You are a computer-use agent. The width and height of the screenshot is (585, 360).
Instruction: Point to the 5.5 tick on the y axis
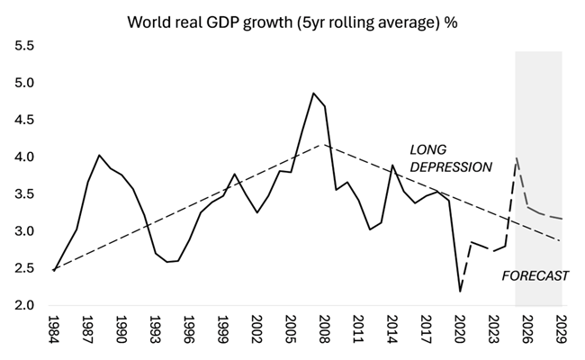click(x=24, y=46)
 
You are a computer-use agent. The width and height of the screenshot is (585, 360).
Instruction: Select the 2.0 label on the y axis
click(x=24, y=306)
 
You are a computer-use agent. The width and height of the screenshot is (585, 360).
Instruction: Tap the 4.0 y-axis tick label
click(x=24, y=157)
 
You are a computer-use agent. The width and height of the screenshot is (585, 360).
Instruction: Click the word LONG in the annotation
click(x=427, y=148)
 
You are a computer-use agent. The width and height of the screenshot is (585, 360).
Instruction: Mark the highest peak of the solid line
click(x=313, y=93)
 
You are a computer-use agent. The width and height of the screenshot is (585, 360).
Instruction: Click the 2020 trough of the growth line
click(x=460, y=291)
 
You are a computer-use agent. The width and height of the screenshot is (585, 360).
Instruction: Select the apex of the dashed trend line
click(x=325, y=145)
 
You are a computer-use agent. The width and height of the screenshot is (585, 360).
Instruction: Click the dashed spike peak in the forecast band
click(x=517, y=158)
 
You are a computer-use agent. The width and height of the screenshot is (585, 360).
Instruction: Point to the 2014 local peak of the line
click(x=392, y=166)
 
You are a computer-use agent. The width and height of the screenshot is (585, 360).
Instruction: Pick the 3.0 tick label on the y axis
click(x=24, y=231)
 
